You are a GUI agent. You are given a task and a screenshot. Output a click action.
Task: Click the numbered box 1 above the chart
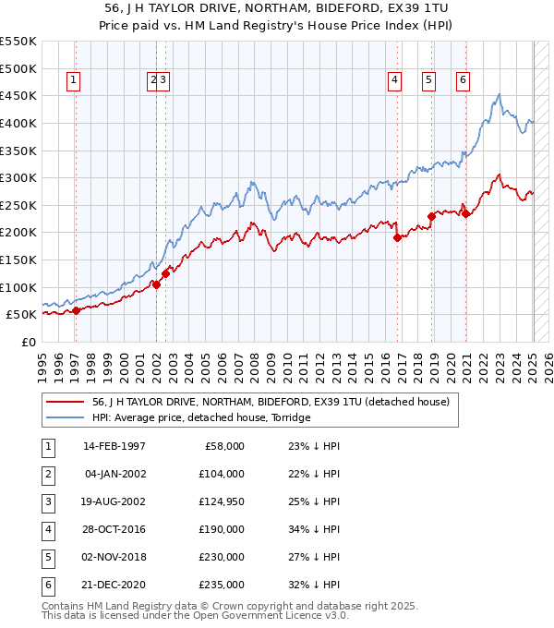[73, 80]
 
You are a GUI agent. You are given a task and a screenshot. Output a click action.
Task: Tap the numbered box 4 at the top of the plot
[394, 80]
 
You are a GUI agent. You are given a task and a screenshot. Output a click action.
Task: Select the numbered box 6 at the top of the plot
[462, 80]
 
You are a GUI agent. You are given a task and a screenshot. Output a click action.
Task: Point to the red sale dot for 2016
[397, 237]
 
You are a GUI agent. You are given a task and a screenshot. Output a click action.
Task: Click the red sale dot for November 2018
[431, 216]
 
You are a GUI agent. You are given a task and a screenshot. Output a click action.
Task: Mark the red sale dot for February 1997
[77, 310]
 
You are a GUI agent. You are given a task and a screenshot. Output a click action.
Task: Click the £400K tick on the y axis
[18, 123]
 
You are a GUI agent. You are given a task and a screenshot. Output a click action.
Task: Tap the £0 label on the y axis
[28, 342]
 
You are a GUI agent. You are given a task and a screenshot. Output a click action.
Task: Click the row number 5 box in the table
[46, 557]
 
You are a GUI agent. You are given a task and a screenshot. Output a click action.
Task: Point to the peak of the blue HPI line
[499, 94]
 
